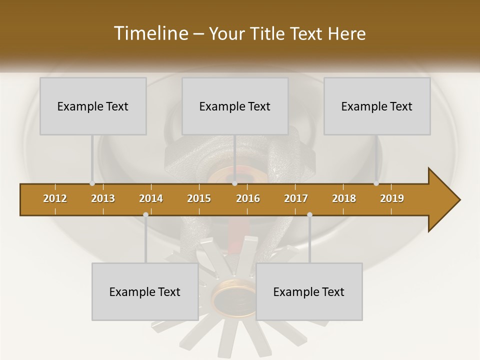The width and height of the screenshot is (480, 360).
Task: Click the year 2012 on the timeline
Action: (x=55, y=198)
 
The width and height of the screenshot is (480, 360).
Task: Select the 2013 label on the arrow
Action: (x=103, y=198)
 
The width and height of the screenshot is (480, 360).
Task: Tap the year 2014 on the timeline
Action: (x=151, y=198)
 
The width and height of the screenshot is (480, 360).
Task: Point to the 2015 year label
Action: (x=199, y=198)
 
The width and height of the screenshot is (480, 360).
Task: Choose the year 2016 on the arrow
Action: (x=248, y=198)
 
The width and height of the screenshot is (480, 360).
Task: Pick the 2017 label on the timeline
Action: (x=296, y=198)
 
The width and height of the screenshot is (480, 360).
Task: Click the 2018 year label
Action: (x=344, y=198)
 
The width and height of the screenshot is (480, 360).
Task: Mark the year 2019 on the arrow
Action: (x=392, y=198)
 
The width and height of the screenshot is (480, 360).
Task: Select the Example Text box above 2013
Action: (x=93, y=106)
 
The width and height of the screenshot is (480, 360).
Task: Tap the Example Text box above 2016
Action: (x=235, y=106)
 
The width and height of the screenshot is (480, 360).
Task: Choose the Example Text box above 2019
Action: (x=377, y=106)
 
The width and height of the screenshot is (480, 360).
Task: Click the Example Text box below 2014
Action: (x=145, y=291)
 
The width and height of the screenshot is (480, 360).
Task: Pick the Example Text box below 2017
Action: (x=309, y=291)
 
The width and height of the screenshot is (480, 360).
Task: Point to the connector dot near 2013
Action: (x=92, y=183)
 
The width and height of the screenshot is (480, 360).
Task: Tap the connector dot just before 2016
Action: (x=234, y=183)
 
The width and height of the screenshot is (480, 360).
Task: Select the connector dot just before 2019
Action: (x=376, y=183)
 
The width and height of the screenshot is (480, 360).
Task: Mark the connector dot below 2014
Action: (x=145, y=215)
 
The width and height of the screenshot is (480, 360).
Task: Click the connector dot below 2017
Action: (x=309, y=215)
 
